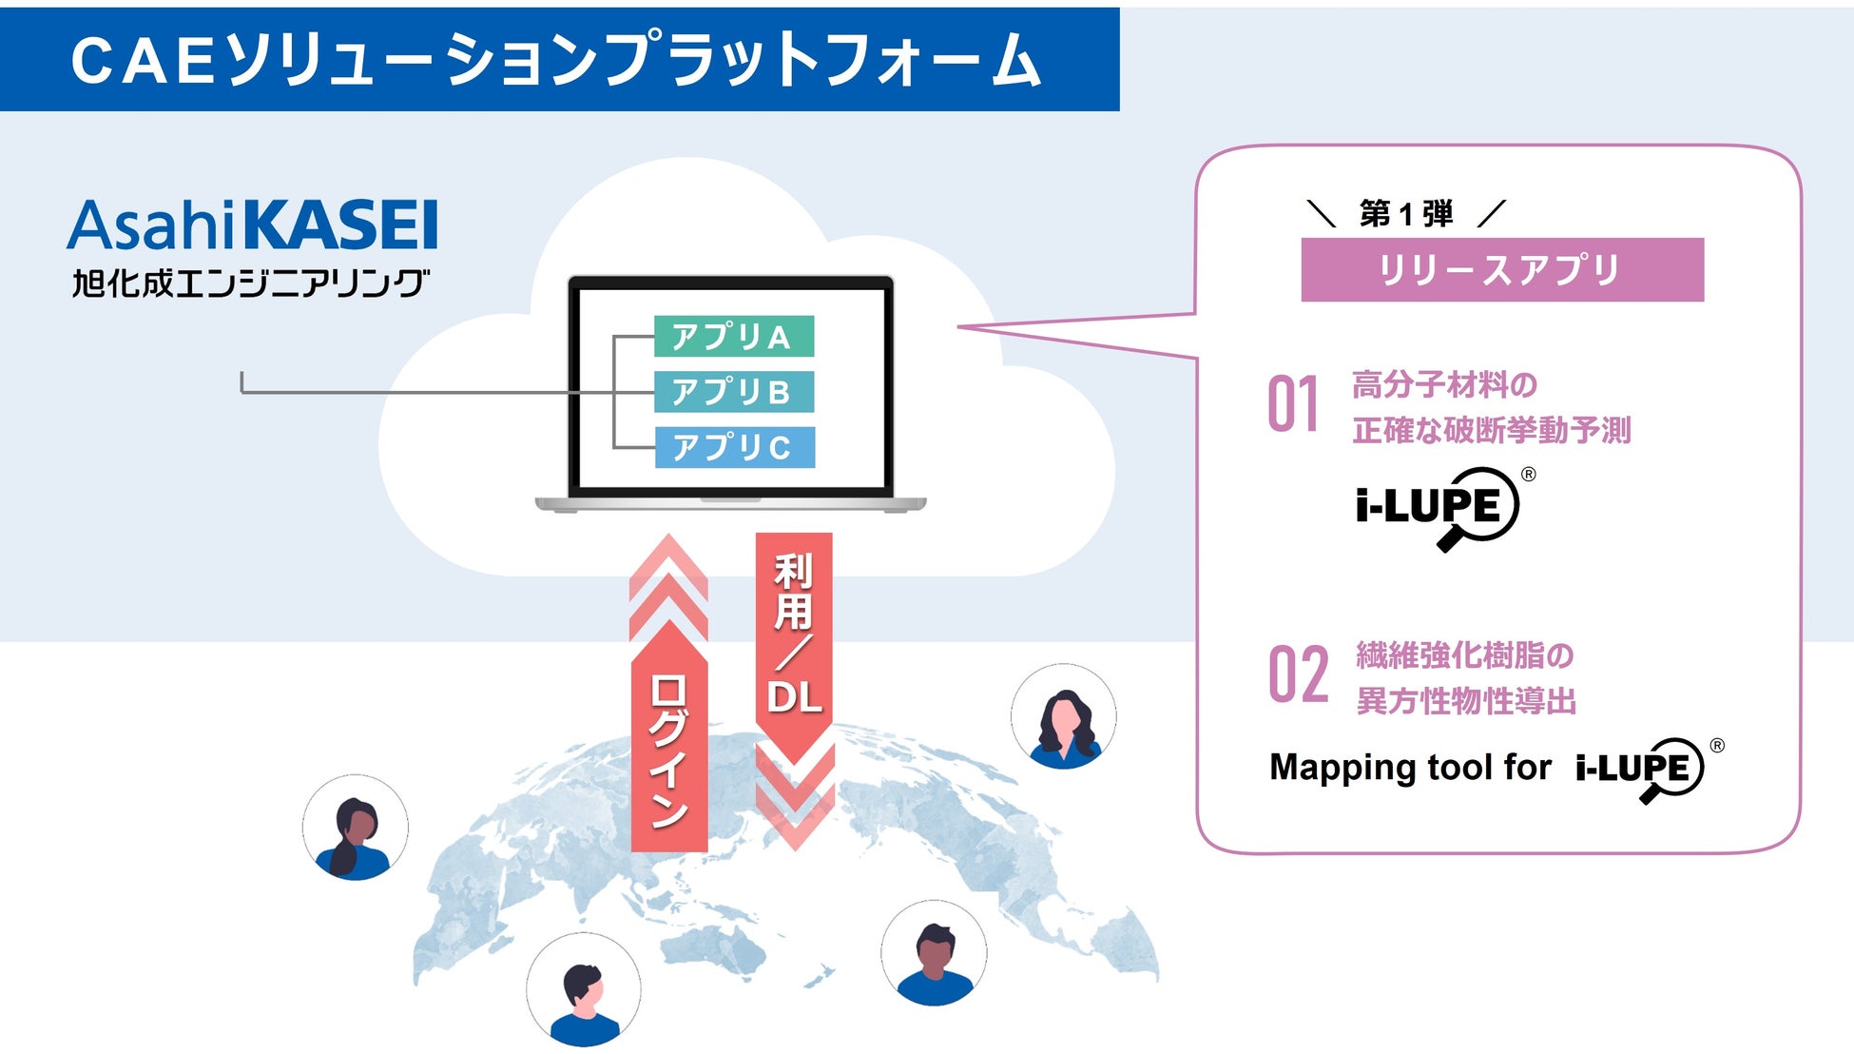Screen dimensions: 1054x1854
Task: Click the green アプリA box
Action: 733,336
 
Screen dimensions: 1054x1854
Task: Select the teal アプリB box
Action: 733,392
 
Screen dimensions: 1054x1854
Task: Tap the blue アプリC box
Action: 734,447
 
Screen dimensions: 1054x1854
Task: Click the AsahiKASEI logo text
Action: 253,225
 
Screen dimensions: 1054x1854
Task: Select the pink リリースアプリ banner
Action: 1501,270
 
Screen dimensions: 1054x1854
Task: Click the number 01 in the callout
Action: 1293,405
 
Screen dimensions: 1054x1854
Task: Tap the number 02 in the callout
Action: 1298,675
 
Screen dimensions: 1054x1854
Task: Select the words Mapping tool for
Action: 1410,767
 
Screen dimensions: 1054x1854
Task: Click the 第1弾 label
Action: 1406,214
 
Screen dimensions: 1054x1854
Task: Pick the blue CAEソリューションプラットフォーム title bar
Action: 559,59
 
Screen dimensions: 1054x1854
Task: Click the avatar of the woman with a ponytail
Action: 355,828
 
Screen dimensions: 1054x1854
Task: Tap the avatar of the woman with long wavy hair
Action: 1063,716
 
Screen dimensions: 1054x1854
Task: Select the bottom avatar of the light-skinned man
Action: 583,990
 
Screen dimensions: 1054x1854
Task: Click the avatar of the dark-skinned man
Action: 934,953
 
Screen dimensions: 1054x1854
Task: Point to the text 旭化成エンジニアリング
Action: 251,283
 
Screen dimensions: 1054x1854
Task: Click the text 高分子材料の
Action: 1444,385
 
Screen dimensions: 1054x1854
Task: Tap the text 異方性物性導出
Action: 1465,701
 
